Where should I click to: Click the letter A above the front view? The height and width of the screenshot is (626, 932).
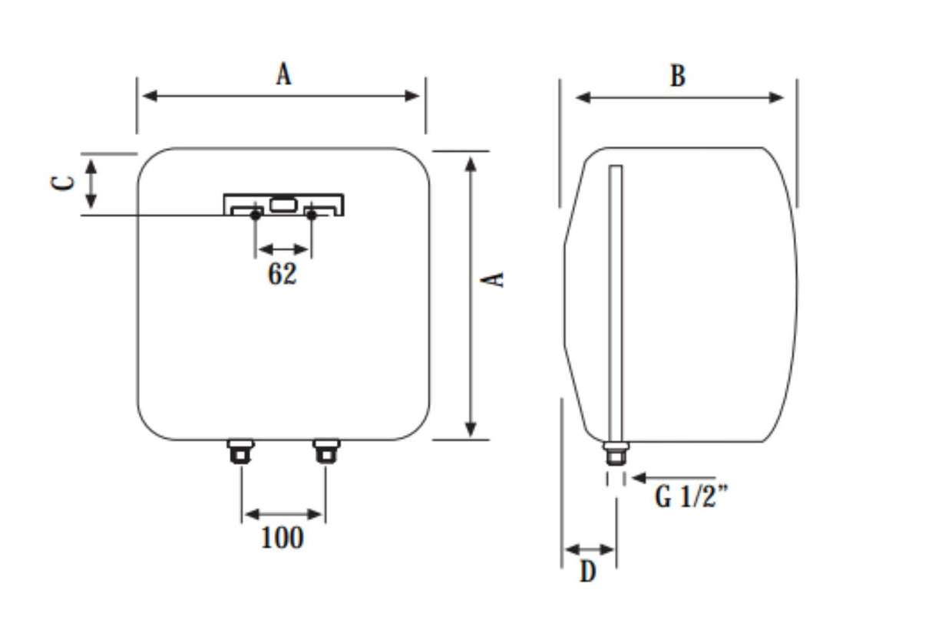point(284,74)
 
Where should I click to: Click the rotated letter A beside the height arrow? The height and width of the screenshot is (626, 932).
point(497,278)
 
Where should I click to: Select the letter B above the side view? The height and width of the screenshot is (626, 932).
point(677,77)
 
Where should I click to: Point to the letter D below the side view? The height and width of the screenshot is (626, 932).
point(587,572)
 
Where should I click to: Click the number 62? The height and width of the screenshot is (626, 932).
point(282,274)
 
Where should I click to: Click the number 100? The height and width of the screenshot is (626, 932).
point(282,538)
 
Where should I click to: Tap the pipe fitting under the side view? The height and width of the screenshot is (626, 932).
point(615,453)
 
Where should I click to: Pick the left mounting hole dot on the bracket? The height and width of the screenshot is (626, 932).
point(255,216)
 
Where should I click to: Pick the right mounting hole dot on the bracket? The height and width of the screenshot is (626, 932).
point(312,216)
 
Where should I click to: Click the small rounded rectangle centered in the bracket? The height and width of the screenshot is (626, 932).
point(282,204)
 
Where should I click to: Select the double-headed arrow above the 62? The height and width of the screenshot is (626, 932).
point(283,249)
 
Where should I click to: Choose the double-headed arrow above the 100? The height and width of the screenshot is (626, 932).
point(283,513)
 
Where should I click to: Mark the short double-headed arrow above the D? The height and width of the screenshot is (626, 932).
point(590,549)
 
